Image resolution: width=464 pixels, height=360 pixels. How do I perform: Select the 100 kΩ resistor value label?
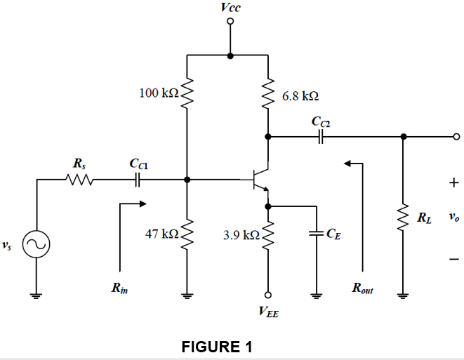click(x=159, y=93)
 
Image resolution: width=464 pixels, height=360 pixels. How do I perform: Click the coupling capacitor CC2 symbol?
click(x=322, y=137)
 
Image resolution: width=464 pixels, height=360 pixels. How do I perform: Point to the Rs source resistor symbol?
click(x=78, y=180)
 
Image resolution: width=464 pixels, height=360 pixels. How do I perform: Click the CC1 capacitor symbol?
click(x=138, y=180)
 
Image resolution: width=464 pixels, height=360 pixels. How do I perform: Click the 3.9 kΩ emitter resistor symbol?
click(x=267, y=235)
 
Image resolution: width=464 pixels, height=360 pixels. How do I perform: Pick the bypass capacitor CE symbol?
click(x=316, y=234)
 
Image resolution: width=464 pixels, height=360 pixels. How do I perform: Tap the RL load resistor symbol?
click(x=403, y=218)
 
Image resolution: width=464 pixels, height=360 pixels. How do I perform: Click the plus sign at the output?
click(x=454, y=182)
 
